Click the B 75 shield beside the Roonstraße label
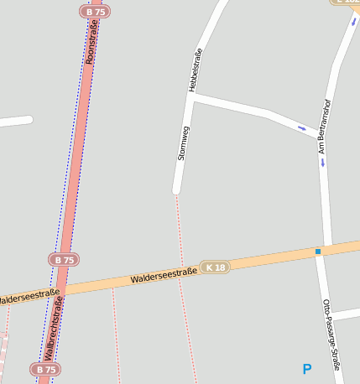click(96, 12)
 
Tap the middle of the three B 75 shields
click(63, 260)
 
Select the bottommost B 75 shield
click(45, 369)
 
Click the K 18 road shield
click(215, 267)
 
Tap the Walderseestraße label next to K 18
click(164, 275)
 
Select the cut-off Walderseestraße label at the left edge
click(29, 296)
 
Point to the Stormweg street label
click(183, 143)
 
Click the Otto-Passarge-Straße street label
click(331, 335)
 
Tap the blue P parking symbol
click(307, 369)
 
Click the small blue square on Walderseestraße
click(318, 252)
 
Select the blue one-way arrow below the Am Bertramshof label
click(322, 163)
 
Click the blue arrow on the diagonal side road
click(302, 128)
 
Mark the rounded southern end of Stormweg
click(176, 190)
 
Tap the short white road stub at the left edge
click(15, 122)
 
